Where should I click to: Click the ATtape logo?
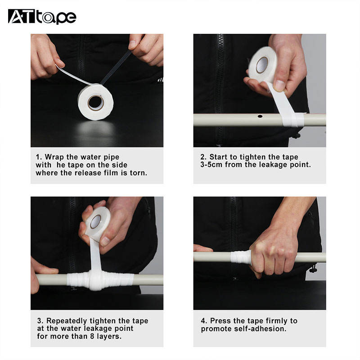point(42,17)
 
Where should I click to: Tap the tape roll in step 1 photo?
point(95,102)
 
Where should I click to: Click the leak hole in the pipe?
point(260,116)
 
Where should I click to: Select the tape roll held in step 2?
point(263,65)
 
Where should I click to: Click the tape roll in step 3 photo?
point(98,223)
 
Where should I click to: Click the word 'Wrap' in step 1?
point(54,157)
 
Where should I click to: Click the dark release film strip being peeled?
point(116,67)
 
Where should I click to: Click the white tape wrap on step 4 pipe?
point(241,257)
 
